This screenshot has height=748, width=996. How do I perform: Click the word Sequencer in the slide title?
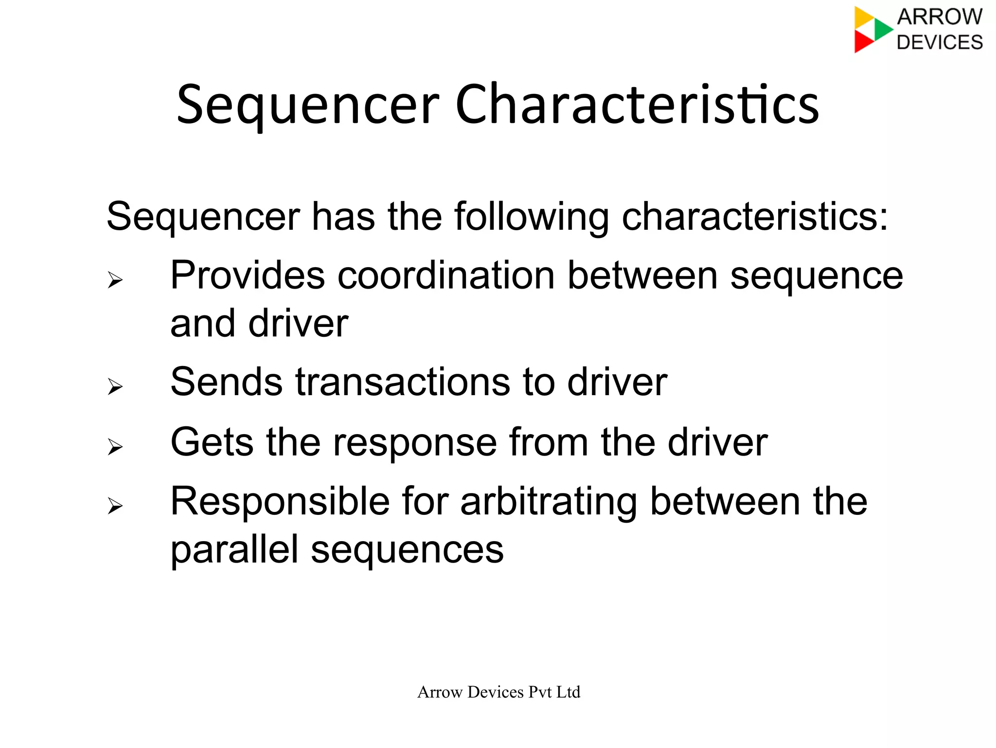coord(308,105)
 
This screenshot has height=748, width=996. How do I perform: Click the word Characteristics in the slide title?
coord(637,105)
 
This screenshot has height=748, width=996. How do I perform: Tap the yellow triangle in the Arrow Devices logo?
coord(864,18)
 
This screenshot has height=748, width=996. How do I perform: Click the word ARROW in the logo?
coord(940,17)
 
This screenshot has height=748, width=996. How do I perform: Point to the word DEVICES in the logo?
coord(940,42)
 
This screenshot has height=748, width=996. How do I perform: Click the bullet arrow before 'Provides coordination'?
coord(115,280)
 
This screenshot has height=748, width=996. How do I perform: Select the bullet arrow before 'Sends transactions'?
coord(115,387)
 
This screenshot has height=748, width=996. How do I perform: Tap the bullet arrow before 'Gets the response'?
coord(115,447)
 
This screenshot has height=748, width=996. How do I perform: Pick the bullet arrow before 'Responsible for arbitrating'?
coord(115,506)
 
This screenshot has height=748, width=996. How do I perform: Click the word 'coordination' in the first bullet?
coord(446,275)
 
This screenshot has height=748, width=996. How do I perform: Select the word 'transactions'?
coord(403,382)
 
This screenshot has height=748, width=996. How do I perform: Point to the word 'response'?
coord(414,443)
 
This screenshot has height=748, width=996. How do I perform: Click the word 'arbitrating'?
coord(549,502)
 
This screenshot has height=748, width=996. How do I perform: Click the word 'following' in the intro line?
coord(532,217)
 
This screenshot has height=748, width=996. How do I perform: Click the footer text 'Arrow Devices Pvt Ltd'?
coord(498,692)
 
